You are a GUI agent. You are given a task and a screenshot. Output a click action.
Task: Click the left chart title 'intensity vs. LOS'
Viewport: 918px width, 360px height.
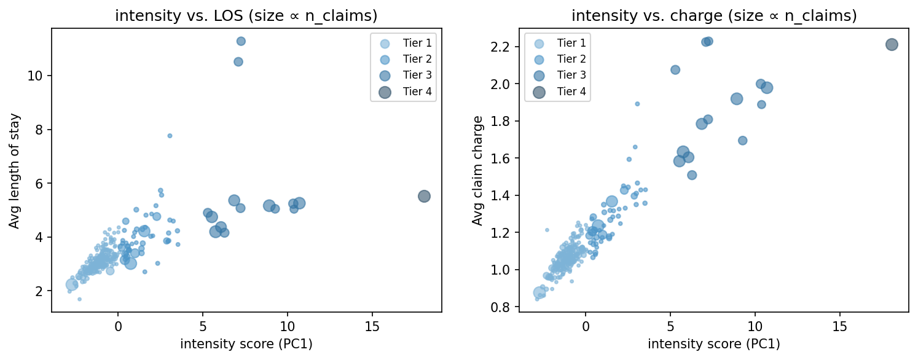click(246, 17)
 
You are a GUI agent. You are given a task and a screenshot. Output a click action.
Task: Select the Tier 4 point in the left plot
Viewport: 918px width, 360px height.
click(424, 196)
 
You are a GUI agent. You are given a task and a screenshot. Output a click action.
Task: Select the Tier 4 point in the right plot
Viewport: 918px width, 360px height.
click(892, 44)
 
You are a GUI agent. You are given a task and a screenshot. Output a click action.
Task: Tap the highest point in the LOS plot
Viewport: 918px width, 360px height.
click(241, 41)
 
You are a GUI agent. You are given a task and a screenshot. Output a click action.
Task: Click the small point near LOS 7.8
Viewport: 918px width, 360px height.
click(170, 136)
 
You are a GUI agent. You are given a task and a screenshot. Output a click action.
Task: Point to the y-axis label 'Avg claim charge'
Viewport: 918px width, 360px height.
click(477, 170)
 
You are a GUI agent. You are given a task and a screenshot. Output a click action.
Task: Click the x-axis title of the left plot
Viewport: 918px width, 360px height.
click(246, 345)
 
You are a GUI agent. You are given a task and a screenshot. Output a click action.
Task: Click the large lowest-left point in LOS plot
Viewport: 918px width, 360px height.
click(72, 284)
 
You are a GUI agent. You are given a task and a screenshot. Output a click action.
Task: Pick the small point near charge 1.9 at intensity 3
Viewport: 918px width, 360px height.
click(637, 104)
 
